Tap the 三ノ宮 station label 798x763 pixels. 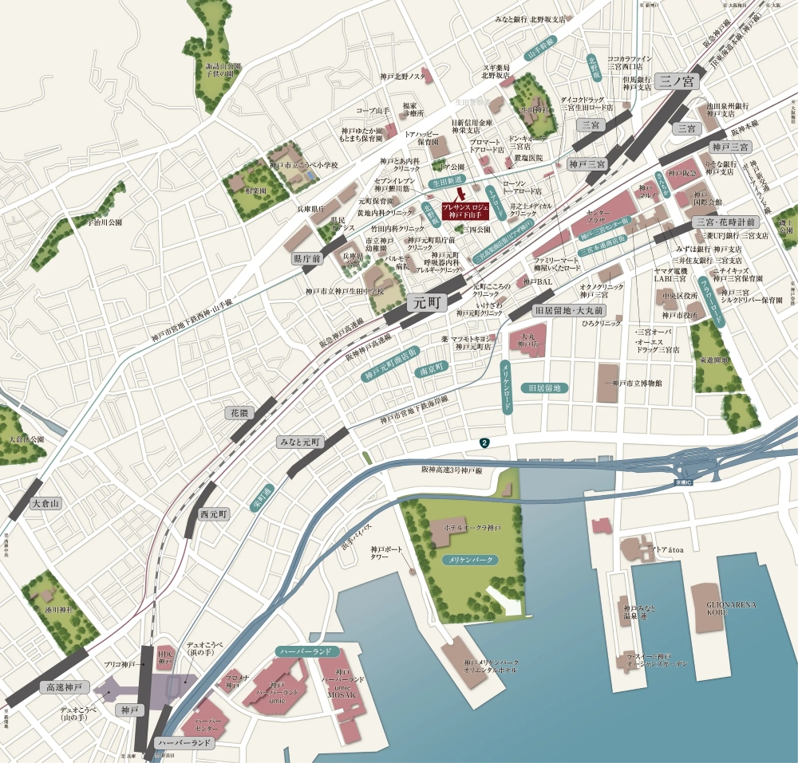(x=678, y=81)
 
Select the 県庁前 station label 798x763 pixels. (x=306, y=259)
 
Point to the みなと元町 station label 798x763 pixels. (x=298, y=442)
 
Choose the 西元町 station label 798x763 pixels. (x=214, y=514)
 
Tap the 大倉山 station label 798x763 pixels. (x=45, y=504)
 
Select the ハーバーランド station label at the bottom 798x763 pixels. (x=184, y=743)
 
